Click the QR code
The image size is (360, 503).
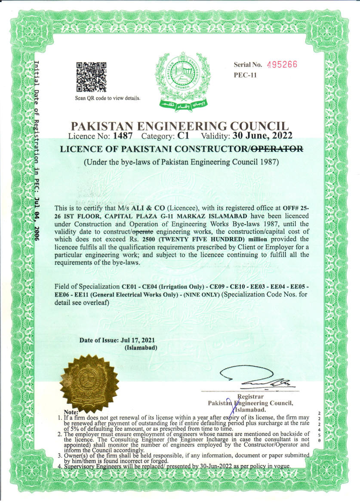[91, 77]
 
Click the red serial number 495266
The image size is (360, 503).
[282, 65]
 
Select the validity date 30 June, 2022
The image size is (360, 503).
[262, 136]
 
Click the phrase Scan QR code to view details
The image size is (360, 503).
[108, 98]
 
